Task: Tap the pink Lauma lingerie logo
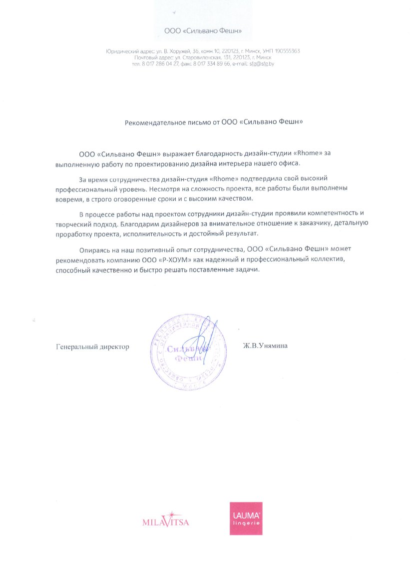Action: (x=246, y=518)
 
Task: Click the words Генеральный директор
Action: (x=92, y=346)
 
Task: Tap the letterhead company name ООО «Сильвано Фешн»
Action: (x=203, y=31)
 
